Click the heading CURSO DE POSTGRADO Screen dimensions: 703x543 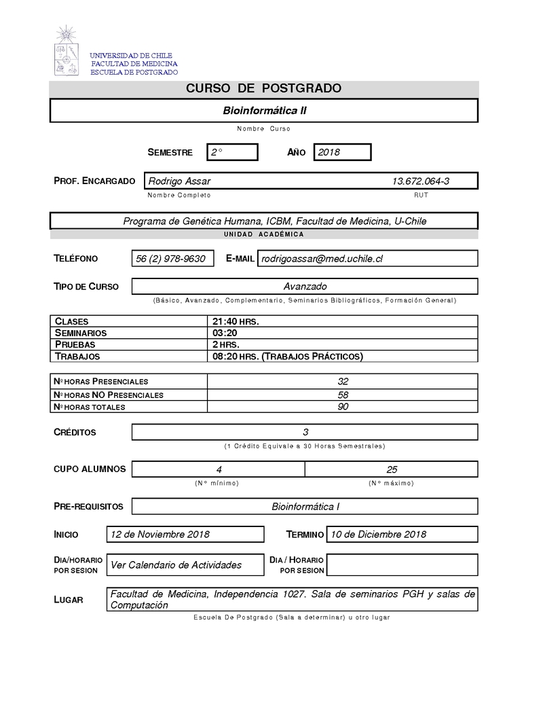tap(263, 89)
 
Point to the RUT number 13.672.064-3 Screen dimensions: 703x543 tap(421, 181)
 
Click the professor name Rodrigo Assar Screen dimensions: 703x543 tap(179, 181)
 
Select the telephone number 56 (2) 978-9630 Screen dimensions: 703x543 tap(170, 258)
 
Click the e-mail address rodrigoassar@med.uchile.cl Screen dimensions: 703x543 tap(322, 258)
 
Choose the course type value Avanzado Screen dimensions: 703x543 tap(305, 286)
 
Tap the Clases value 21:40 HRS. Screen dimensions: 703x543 tap(236, 321)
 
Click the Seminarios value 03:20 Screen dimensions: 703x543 tap(225, 333)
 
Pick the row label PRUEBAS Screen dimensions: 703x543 tap(75, 344)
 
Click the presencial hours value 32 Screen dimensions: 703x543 tap(343, 381)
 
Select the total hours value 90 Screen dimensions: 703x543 tap(343, 406)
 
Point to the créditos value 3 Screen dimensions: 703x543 tap(305, 432)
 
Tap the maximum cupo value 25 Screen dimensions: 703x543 tap(392, 469)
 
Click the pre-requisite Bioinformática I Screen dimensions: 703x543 tap(305, 506)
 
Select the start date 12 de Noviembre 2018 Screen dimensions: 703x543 tap(160, 534)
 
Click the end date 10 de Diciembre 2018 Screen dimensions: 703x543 tap(378, 534)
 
